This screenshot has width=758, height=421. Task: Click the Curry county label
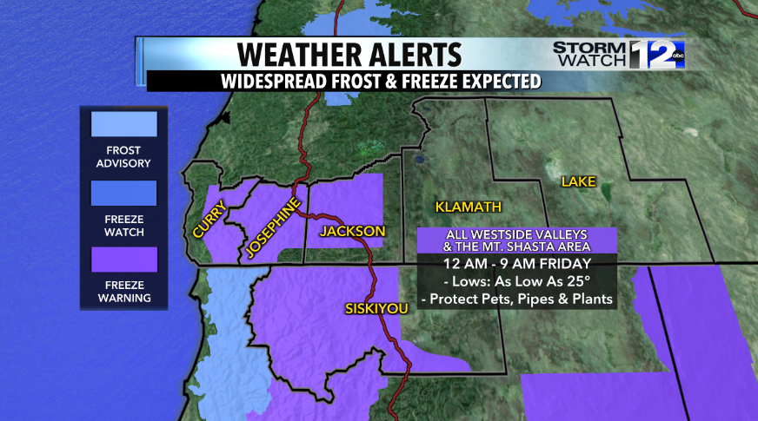click(x=209, y=220)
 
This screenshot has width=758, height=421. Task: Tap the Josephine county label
click(x=271, y=227)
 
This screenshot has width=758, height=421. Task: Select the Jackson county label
click(x=352, y=231)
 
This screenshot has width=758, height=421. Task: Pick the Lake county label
click(x=578, y=181)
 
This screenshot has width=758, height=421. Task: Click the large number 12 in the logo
click(x=652, y=55)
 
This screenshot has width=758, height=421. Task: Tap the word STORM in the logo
click(x=589, y=48)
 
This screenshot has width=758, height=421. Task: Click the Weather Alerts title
click(x=348, y=54)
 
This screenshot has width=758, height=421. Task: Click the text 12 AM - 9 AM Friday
click(x=516, y=263)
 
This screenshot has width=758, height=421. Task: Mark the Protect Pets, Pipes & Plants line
click(x=516, y=299)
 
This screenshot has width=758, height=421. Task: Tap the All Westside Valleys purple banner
click(x=516, y=240)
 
